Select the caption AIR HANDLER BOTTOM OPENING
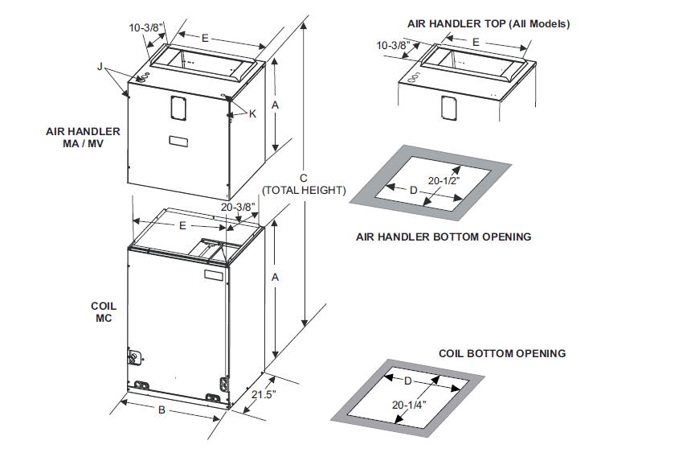[444, 237]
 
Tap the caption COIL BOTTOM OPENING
[501, 353]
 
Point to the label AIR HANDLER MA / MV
[83, 138]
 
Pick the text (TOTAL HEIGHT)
[305, 191]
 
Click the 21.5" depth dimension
[263, 395]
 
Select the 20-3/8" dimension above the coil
[239, 207]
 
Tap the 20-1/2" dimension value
[444, 182]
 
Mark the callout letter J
[100, 68]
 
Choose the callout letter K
[252, 114]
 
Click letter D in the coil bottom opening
[407, 380]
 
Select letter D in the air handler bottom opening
[414, 190]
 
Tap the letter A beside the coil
[276, 277]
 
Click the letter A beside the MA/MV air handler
[276, 105]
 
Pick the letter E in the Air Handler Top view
[476, 41]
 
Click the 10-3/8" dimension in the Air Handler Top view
[394, 45]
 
